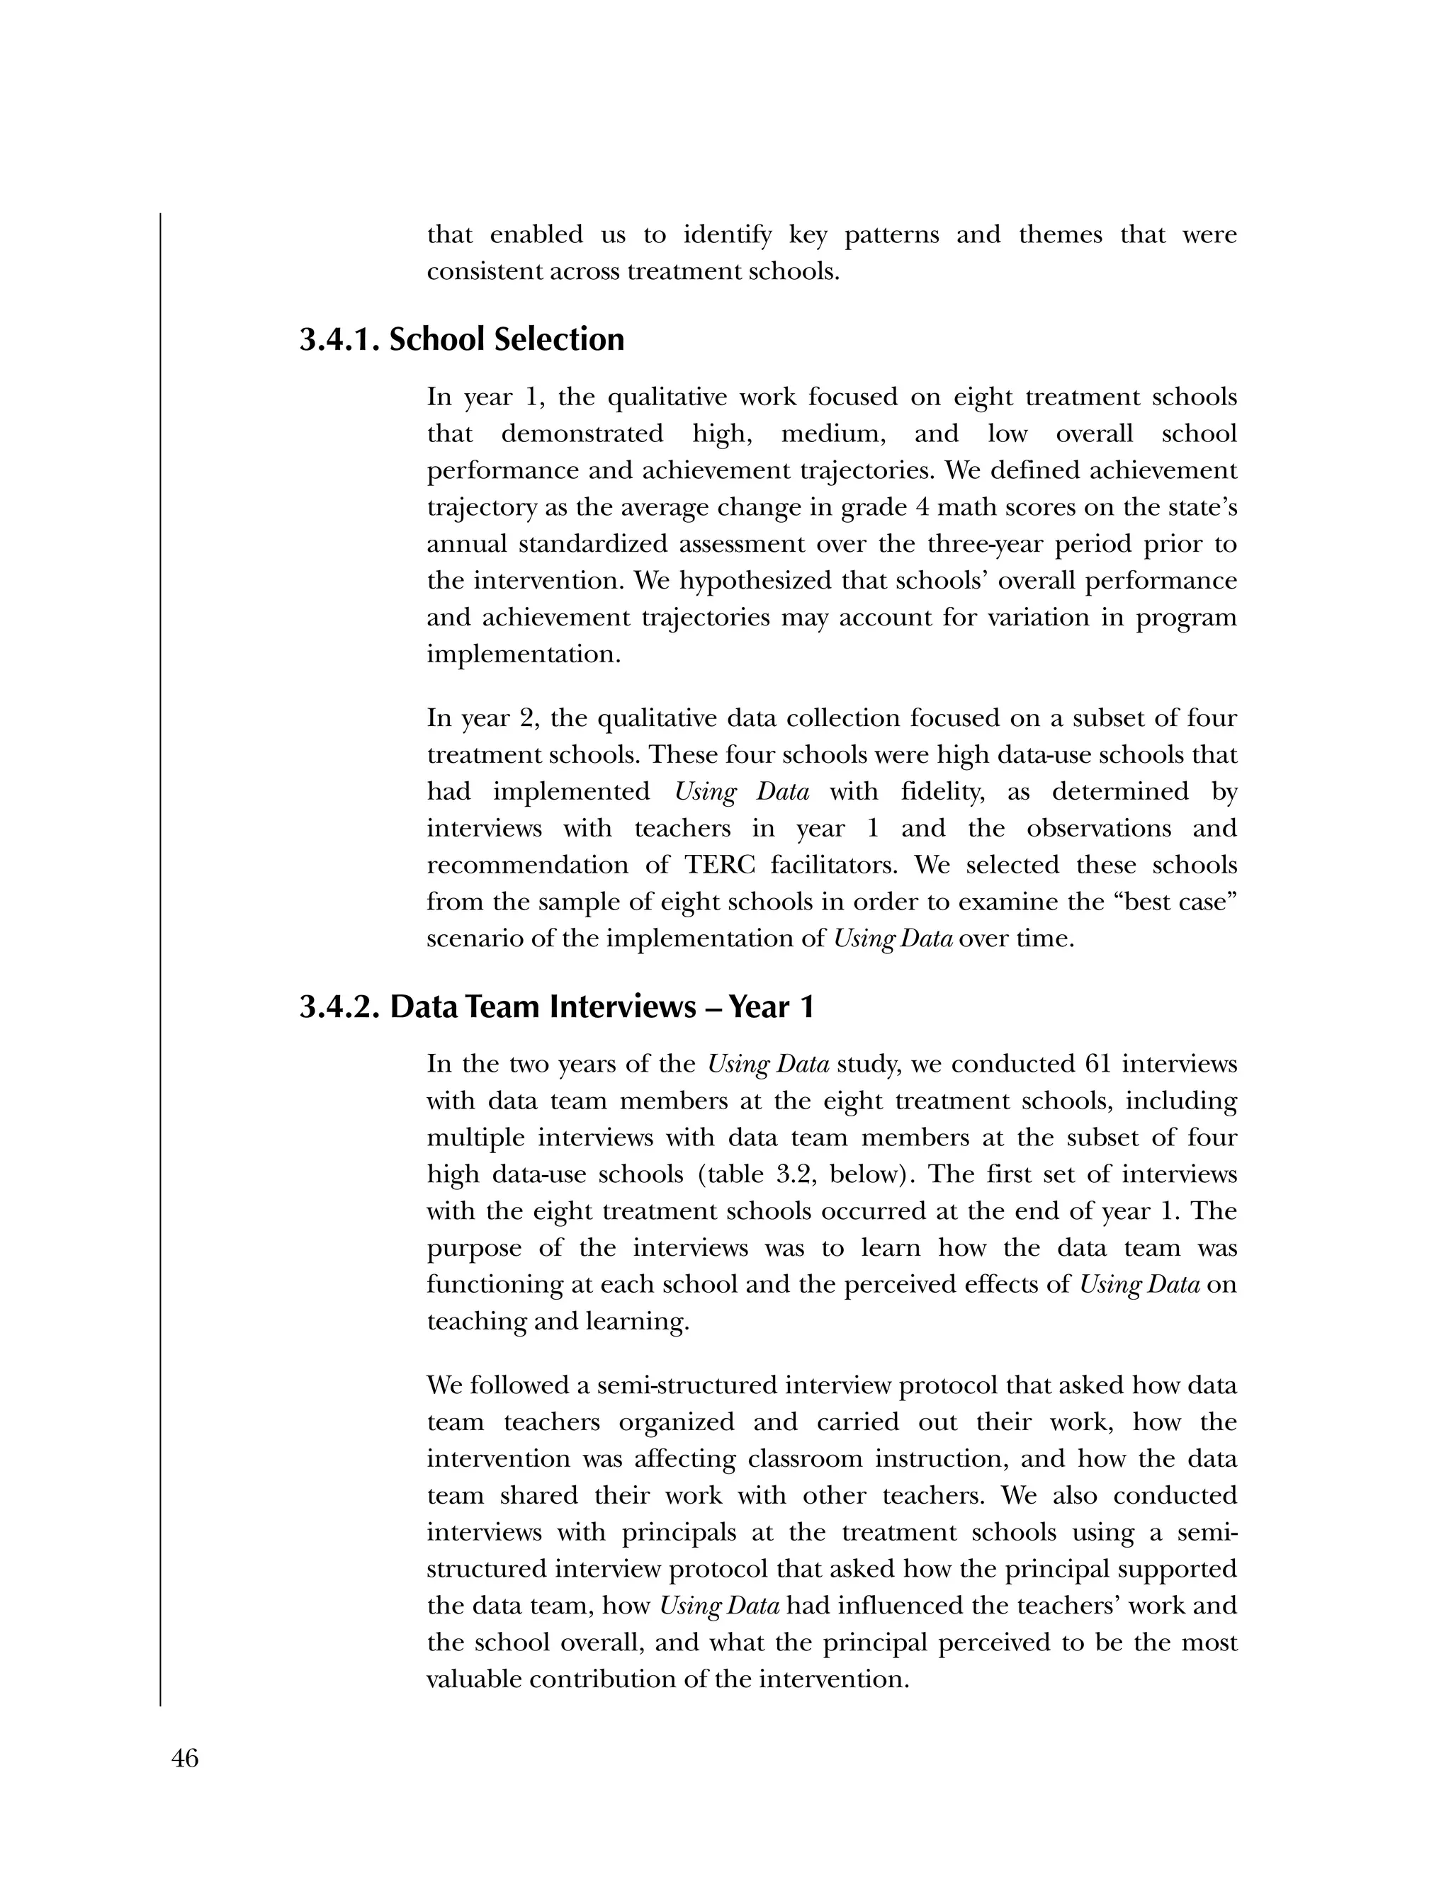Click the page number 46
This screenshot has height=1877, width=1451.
tap(185, 1759)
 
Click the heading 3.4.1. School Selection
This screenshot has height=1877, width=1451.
tap(462, 339)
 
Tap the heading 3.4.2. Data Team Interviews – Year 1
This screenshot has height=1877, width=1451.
tap(556, 1006)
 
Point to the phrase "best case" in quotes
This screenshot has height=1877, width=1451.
tap(1170, 902)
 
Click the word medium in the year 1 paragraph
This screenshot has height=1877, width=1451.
tap(832, 434)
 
